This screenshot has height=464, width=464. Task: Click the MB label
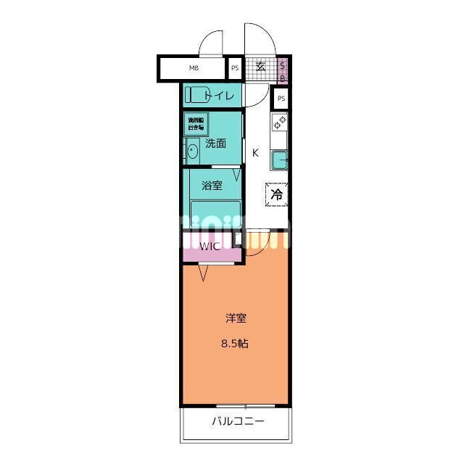pos(194,69)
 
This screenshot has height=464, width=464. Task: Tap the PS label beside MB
pos(235,69)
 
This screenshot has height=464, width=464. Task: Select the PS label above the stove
pos(281,99)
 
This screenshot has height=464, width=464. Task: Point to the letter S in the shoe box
pos(283,65)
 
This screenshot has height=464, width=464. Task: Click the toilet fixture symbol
pos(194,95)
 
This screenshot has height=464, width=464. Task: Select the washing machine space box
pos(196,123)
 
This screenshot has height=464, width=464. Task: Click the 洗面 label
pos(216,144)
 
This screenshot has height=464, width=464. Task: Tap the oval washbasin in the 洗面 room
pos(192,152)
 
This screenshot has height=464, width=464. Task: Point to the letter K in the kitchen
pos(255,153)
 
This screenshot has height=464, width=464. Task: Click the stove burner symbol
pos(280,123)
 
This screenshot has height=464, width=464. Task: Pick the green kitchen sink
pos(280,159)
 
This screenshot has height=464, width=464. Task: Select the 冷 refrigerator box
pos(277,194)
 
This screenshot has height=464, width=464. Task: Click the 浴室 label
pos(212,186)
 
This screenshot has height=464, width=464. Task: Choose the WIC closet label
pos(210,246)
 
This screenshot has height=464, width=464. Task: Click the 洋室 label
pos(236,318)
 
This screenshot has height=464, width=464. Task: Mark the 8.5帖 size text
pos(236,344)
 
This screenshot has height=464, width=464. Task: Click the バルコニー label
pos(238,421)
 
